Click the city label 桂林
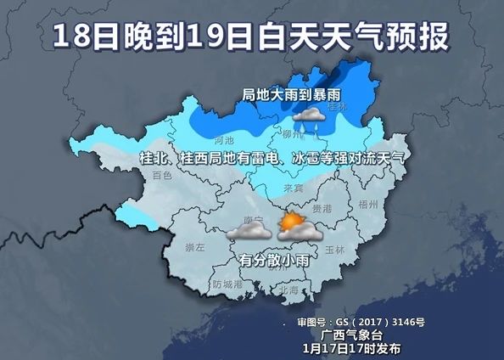coord(338,107)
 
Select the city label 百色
coord(160,176)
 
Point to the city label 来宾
coord(293,188)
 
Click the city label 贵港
coord(321,207)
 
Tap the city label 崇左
coord(195,247)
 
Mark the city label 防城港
coord(228,284)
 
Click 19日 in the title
coord(218,37)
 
